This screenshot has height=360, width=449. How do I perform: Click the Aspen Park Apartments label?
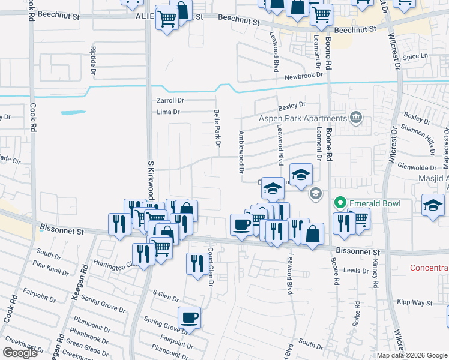click(303, 119)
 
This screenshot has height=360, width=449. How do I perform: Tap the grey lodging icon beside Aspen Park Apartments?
click(356, 116)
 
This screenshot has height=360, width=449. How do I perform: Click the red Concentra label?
click(429, 268)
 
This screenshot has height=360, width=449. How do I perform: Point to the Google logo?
click(20, 352)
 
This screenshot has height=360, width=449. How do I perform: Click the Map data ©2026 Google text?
click(412, 355)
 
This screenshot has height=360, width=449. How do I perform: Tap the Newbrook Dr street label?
click(304, 76)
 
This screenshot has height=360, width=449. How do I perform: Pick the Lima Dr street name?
click(168, 112)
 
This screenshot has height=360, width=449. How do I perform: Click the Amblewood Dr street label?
click(241, 152)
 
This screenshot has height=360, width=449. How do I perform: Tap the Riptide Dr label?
click(92, 59)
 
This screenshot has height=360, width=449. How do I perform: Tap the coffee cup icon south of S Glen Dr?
click(190, 317)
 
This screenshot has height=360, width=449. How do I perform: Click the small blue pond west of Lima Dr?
click(73, 112)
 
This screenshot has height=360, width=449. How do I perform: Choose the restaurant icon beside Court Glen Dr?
click(196, 263)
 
